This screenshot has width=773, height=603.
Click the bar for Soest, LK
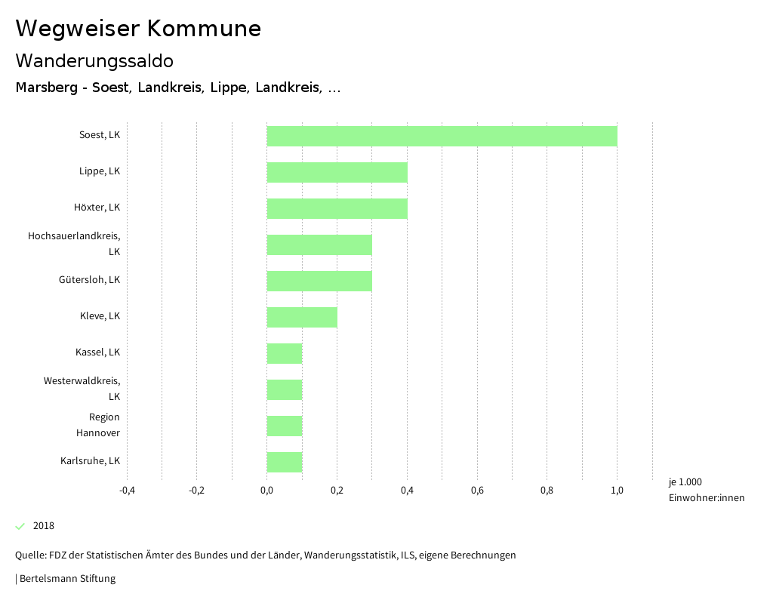(x=442, y=136)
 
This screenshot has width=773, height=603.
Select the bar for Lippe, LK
(x=337, y=172)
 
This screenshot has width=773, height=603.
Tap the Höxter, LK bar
(x=337, y=208)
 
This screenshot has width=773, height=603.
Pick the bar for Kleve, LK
(x=302, y=317)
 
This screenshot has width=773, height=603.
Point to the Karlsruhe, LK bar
(x=285, y=462)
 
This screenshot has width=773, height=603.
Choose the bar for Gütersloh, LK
(x=319, y=281)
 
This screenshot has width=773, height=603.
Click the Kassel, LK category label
(x=97, y=352)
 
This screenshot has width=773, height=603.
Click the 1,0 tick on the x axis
(x=617, y=491)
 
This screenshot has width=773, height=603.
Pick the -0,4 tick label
(x=127, y=491)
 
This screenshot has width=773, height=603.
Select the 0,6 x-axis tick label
(x=477, y=491)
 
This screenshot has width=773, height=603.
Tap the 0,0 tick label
(x=266, y=491)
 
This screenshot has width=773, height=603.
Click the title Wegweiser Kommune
(x=138, y=29)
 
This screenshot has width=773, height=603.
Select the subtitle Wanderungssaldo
(x=94, y=60)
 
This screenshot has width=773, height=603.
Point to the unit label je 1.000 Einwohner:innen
(x=706, y=490)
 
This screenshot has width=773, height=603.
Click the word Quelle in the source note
(x=29, y=555)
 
